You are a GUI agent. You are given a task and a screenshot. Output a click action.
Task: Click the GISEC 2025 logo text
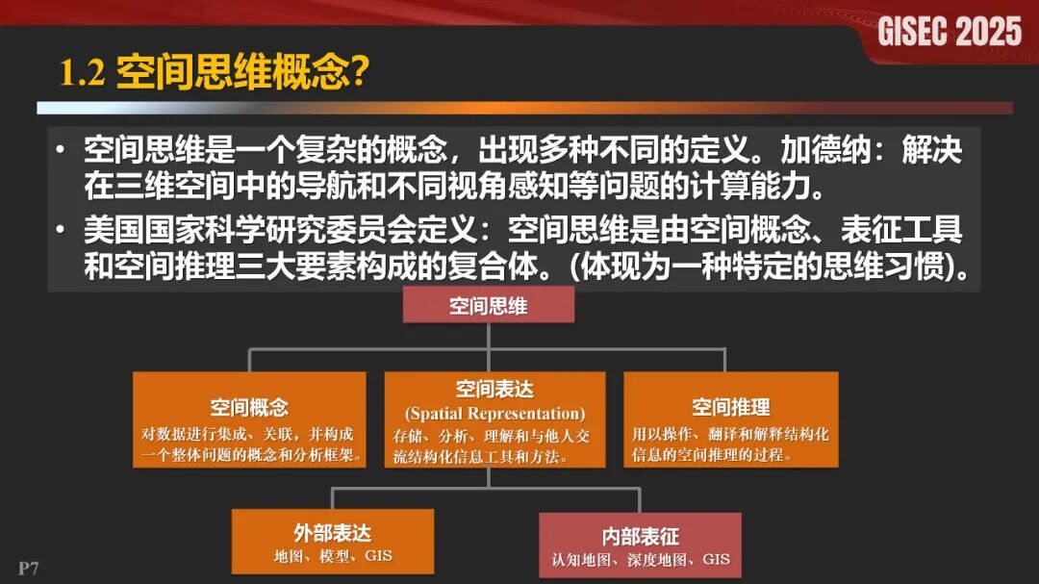[x=949, y=32]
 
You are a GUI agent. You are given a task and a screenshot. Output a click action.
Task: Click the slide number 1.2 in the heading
[x=82, y=73]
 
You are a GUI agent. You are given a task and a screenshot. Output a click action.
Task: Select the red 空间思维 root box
[x=488, y=306]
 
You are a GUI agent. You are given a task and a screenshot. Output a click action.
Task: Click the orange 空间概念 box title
[x=249, y=407]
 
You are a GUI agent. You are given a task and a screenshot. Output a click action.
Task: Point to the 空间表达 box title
[x=494, y=389]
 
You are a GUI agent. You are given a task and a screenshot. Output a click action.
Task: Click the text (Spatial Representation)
[x=494, y=414]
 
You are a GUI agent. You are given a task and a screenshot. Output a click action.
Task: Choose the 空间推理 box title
[x=730, y=407]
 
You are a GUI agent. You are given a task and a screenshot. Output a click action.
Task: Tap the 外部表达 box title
[x=332, y=532]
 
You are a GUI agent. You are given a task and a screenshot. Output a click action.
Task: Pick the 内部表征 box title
[x=640, y=536]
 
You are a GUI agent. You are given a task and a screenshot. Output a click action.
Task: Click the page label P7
[x=28, y=567]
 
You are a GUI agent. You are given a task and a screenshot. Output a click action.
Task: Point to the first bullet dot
[x=62, y=151]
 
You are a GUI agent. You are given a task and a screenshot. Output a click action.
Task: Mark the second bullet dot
[x=62, y=232]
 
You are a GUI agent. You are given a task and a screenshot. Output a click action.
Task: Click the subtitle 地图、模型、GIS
[x=332, y=556]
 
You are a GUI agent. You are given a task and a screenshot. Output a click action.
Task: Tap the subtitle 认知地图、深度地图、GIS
[x=640, y=559]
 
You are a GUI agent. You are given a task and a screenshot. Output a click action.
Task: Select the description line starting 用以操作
[x=730, y=434]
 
